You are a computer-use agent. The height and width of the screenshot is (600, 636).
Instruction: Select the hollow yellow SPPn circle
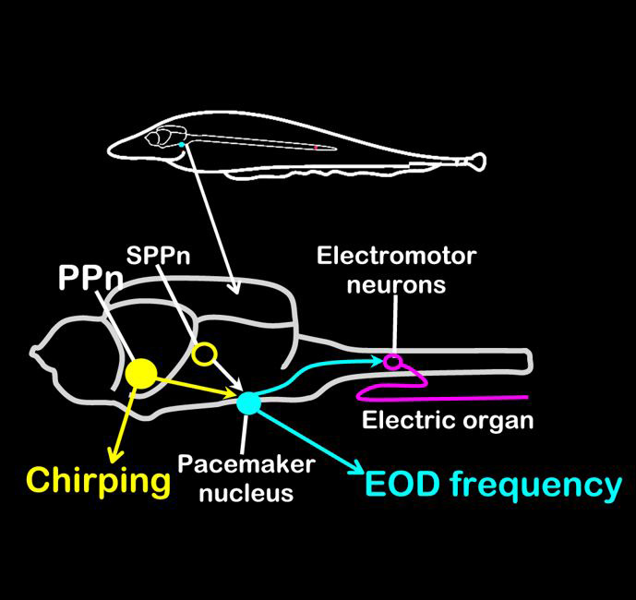point(204,354)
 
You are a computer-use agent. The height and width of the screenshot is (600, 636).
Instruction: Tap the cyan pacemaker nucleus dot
point(248,402)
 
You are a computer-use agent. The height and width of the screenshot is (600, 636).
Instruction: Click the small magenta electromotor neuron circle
point(393,361)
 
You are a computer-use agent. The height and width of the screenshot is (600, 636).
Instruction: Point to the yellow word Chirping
point(99,481)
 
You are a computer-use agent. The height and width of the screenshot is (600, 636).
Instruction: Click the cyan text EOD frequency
point(493,484)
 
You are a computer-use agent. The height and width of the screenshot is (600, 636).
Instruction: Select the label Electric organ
point(449,421)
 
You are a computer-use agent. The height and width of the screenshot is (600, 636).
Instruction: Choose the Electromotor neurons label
point(397,270)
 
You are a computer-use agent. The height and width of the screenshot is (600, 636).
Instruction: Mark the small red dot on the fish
point(315,147)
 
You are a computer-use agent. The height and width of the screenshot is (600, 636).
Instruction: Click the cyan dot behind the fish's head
point(182,145)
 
